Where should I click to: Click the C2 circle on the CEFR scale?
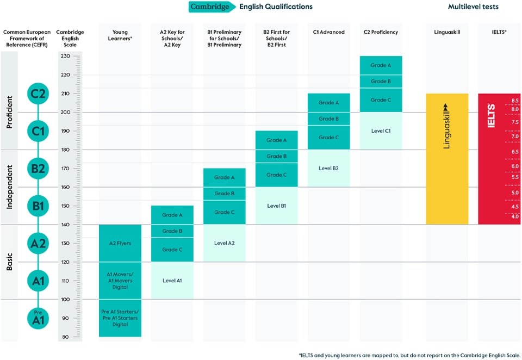(x=38, y=94)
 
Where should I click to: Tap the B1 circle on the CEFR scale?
(x=38, y=206)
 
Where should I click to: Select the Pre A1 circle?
(x=38, y=318)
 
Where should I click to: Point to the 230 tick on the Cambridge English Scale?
(x=66, y=56)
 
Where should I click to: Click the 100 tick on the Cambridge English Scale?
(x=66, y=300)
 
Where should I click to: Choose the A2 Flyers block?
(x=120, y=243)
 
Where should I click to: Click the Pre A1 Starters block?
(x=120, y=318)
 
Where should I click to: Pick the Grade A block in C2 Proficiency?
(x=381, y=65)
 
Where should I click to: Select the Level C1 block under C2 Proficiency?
(x=381, y=131)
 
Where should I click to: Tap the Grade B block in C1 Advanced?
(x=328, y=119)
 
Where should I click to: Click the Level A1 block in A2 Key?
(x=172, y=281)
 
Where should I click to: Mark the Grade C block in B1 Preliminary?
(x=224, y=212)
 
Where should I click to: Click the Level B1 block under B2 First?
(x=276, y=206)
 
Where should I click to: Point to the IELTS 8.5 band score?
(x=514, y=101)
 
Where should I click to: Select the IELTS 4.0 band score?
(x=514, y=217)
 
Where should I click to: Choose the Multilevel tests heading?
(x=473, y=7)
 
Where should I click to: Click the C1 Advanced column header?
(x=328, y=32)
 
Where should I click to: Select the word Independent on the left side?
(x=9, y=187)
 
